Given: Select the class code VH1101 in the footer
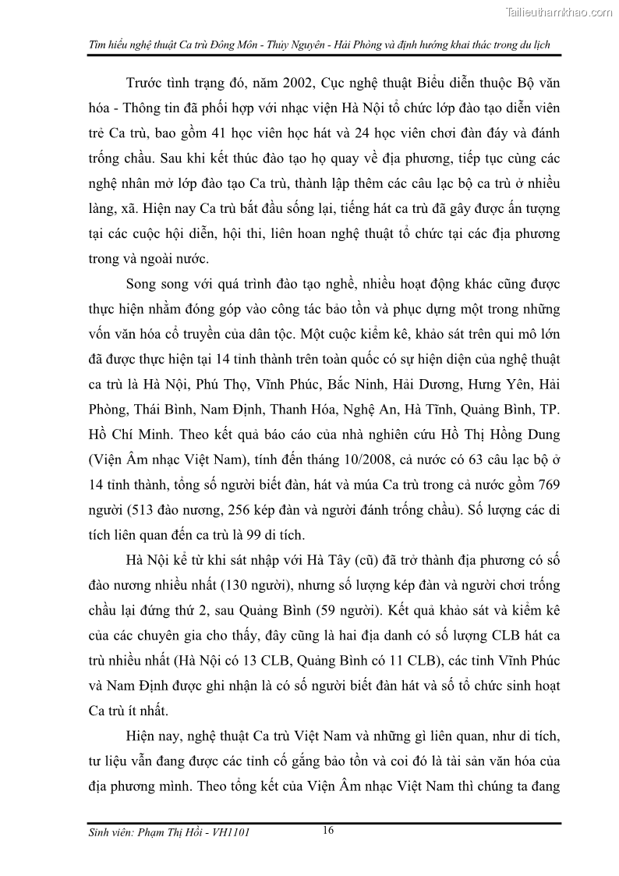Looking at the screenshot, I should [x=230, y=833].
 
